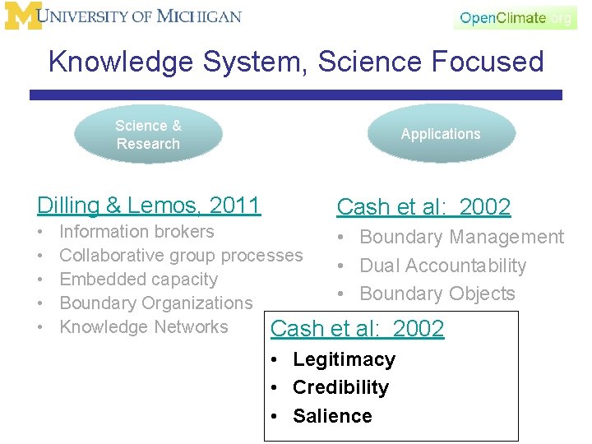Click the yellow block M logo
[x=23, y=16]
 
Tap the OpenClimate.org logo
[x=516, y=18]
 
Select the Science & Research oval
[x=148, y=135]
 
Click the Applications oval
[x=441, y=134]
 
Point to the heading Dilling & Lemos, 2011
[x=149, y=205]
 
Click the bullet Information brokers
[x=136, y=232]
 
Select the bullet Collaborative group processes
[x=181, y=256]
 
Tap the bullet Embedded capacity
[x=138, y=280]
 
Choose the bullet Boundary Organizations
[x=156, y=303]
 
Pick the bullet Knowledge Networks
[x=144, y=327]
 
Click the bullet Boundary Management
[x=461, y=238]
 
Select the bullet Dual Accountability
[x=442, y=266]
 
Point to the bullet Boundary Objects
[x=437, y=294]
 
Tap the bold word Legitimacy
[x=344, y=359]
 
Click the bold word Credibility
[x=340, y=387]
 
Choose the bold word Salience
[x=332, y=416]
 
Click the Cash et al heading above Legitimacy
[x=357, y=329]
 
